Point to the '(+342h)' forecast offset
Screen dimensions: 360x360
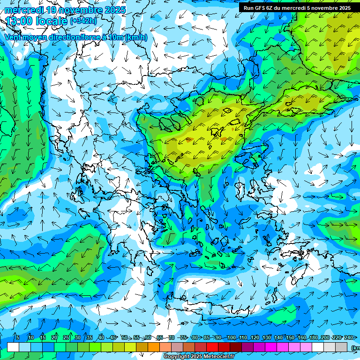click(x=83, y=21)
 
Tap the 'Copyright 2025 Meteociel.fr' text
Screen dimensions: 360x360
click(x=199, y=357)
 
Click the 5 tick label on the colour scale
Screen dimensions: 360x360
click(x=17, y=337)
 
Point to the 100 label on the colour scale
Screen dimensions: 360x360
click(x=232, y=337)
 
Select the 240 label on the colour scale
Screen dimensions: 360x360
click(x=349, y=337)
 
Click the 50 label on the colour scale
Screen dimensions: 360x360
click(x=125, y=337)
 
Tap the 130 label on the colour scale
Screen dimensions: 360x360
click(x=267, y=337)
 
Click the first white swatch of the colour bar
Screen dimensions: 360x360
click(x=13, y=347)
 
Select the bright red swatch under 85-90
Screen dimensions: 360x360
click(x=212, y=347)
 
